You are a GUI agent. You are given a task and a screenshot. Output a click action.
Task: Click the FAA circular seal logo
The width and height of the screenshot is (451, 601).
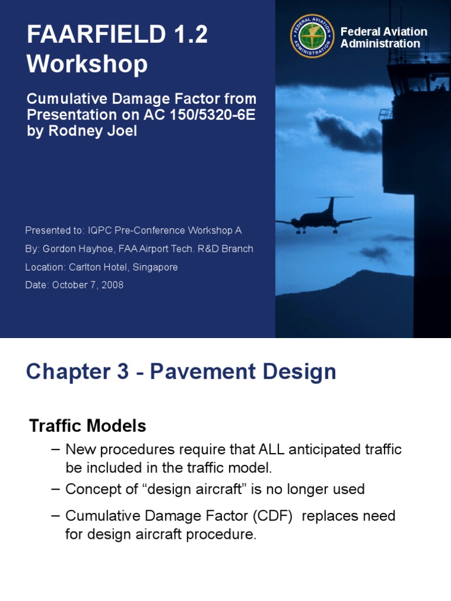pos(312,36)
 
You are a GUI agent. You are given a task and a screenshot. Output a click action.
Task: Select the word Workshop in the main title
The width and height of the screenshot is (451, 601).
pos(87,64)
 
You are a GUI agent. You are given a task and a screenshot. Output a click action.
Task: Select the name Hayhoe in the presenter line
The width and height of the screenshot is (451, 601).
pos(96,249)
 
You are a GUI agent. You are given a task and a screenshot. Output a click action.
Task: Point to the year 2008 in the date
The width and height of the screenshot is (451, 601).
pos(112,285)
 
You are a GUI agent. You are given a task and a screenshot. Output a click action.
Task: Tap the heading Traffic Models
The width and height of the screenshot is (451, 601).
pos(87,426)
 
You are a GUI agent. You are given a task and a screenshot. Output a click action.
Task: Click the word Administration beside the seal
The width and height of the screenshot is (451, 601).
pos(380,43)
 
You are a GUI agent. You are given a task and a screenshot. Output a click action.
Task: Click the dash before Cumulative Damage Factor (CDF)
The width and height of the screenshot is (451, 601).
pos(56,516)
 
